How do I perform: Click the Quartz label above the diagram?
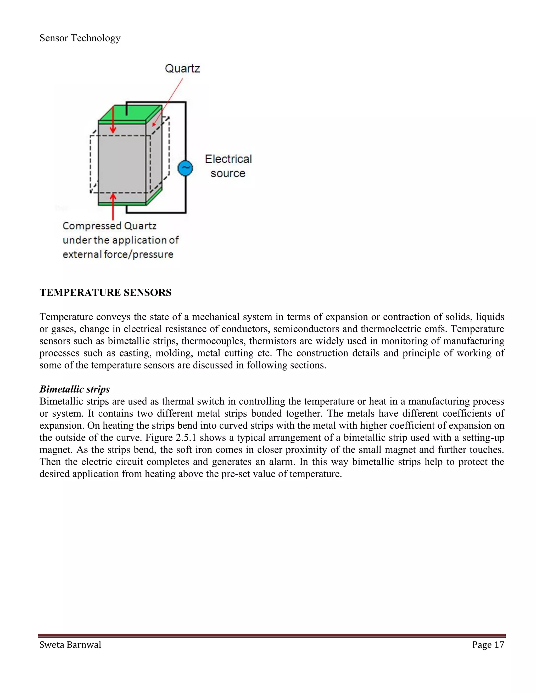tap(182, 69)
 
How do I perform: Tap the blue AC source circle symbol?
tap(185, 168)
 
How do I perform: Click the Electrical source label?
tap(228, 166)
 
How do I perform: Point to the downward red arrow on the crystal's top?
tap(113, 121)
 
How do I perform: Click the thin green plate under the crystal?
tap(122, 203)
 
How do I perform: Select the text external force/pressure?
tap(118, 254)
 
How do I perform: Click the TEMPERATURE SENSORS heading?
tap(105, 293)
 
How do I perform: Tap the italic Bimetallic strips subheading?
tap(75, 389)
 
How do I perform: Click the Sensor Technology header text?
tap(80, 38)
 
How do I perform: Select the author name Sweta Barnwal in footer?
tap(70, 645)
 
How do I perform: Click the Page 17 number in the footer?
tap(488, 645)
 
